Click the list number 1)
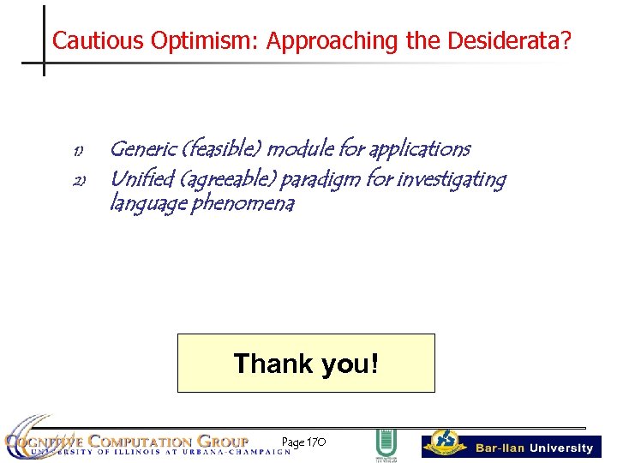coord(77,152)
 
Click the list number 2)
coord(77,182)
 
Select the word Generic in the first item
coord(142,149)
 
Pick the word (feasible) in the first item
coord(221,149)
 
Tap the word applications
coord(419,149)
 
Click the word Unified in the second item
coord(141,179)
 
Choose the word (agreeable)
coord(227,180)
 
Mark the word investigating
coord(452,180)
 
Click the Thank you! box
coord(306,363)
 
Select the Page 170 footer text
coord(303,442)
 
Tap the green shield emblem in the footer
coord(386,444)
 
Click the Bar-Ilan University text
coord(534,448)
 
